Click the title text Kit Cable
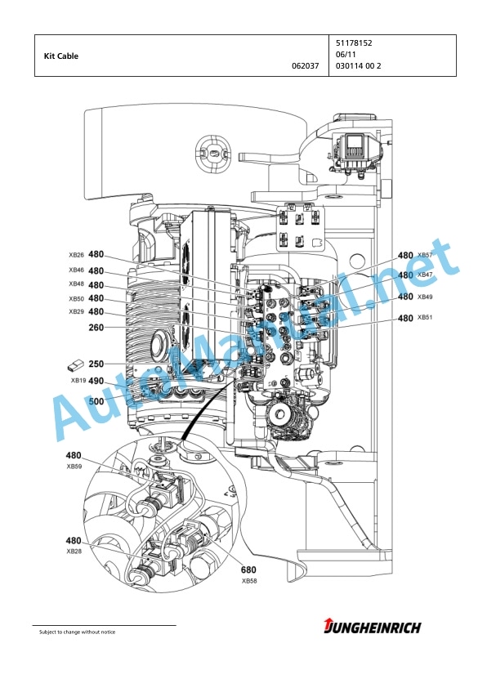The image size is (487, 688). pos(61,56)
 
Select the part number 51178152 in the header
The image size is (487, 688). pos(354,43)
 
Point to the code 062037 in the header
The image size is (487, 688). pos(306,66)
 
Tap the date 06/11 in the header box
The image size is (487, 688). pos(346,55)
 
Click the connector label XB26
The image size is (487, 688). pos(76,255)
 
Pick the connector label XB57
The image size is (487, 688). pos(425,255)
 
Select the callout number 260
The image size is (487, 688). pos(96,328)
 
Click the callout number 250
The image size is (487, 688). pos(96,364)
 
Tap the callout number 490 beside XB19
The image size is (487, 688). pos(96,381)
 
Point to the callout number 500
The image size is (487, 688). pos(96,401)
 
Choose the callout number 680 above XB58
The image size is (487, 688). pos(248,570)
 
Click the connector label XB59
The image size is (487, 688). pos(74,467)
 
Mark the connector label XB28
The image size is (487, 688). pos(74,551)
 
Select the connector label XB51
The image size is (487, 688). pos(425,317)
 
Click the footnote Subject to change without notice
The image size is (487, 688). pos(78,632)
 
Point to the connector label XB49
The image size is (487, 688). pos(425,297)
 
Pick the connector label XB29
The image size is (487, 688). pos(76,311)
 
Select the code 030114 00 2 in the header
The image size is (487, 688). pos(359,66)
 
